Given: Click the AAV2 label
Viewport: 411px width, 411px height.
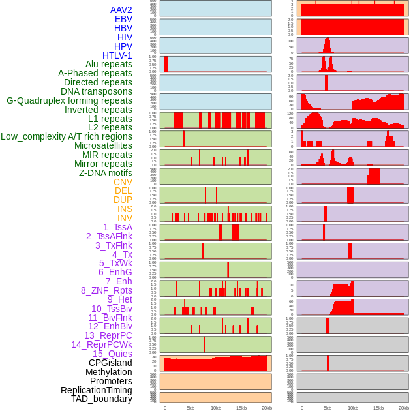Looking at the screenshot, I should coord(121,10).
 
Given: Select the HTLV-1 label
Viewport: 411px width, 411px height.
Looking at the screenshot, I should coord(117,55).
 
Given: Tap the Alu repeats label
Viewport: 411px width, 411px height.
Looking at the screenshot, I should coord(109,65).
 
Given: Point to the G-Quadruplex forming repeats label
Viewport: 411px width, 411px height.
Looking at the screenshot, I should coord(69,100).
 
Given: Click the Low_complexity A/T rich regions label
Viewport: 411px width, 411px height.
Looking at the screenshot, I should coord(67,136).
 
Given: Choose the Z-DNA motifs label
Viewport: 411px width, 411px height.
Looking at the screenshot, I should coord(106,173).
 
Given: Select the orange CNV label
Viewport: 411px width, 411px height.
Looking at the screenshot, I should coord(123,182).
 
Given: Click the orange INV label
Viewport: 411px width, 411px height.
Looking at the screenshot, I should coord(125,218).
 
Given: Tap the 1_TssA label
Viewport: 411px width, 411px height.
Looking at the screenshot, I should coord(117,227).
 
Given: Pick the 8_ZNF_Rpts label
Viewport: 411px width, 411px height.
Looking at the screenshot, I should coord(106,290).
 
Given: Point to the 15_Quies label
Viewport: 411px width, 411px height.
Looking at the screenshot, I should coord(112,354).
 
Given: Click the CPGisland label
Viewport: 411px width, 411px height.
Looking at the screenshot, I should coord(110,363).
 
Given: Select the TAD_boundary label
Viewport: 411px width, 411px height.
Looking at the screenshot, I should coord(102,399).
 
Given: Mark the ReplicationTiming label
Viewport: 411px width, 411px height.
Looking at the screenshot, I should coord(97,390).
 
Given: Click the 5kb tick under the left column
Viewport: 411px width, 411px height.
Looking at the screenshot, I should coord(190,408).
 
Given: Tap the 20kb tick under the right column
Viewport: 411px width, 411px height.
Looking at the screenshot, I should coord(404,408).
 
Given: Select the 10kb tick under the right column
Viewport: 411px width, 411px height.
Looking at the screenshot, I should coord(353,408).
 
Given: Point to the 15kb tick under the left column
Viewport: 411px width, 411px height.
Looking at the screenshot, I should coord(241,408).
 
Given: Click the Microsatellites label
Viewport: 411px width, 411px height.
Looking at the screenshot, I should coord(103,145).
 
